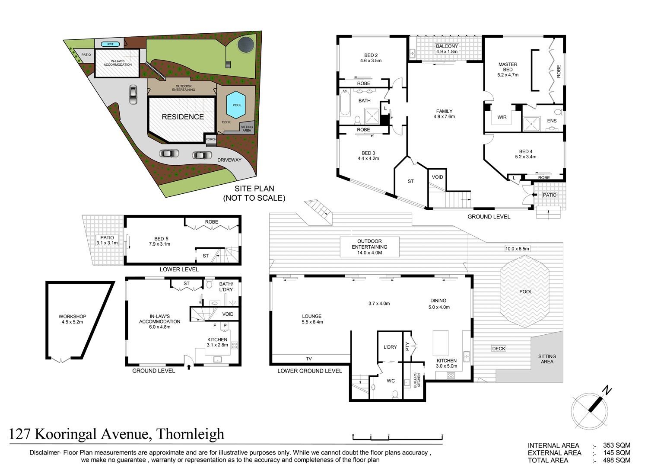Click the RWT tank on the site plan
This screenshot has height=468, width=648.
tap(110, 44)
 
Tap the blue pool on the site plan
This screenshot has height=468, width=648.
tap(236, 105)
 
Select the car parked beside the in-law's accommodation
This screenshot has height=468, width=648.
tap(133, 94)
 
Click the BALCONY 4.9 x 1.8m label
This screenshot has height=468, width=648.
tap(447, 48)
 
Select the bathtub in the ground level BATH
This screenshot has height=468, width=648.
tap(345, 103)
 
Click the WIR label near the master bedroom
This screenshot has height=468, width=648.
tap(502, 117)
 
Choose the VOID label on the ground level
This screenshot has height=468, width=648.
tap(437, 177)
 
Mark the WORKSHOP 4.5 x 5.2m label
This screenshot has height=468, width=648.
tap(72, 319)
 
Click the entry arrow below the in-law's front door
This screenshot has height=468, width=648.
tap(189, 367)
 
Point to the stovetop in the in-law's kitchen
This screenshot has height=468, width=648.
tap(234, 345)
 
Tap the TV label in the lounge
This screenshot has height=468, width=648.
tap(309, 359)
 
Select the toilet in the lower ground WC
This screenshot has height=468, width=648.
tap(395, 394)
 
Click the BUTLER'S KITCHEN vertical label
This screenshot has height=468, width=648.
tap(417, 380)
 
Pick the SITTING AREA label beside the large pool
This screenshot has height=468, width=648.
tap(547, 359)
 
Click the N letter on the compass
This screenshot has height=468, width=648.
tap(607, 391)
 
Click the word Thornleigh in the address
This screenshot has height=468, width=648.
tap(191, 434)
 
